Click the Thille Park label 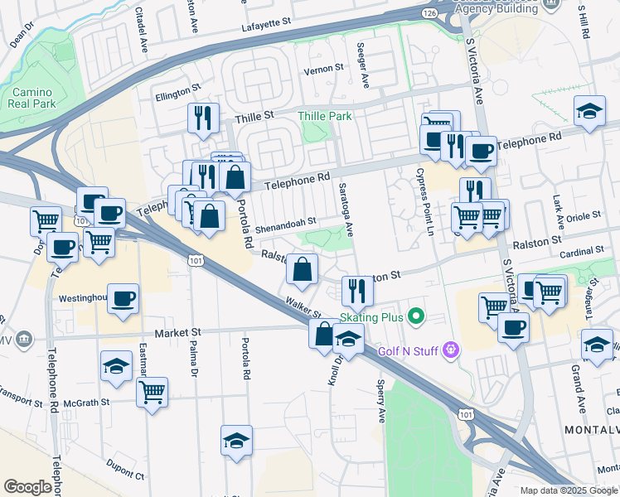(x=328, y=117)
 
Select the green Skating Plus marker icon (x=417, y=317)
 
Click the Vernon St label (x=323, y=69)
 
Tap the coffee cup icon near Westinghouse (x=123, y=299)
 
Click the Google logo (x=27, y=487)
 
